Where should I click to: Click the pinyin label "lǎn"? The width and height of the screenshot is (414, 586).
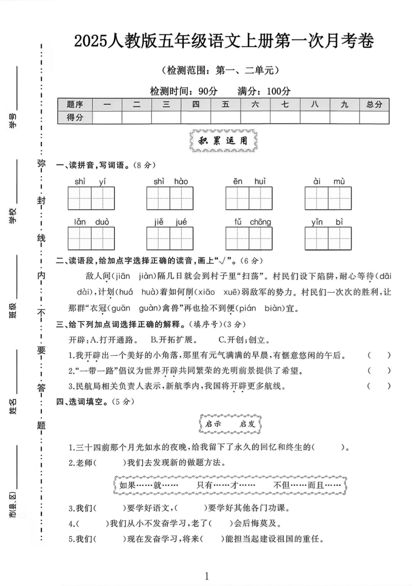pos(80,222)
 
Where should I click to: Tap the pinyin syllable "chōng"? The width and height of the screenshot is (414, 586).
pos(260,222)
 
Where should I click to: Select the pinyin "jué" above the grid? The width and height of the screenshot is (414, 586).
pos(181,222)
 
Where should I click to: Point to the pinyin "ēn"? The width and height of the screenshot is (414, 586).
pos(238,181)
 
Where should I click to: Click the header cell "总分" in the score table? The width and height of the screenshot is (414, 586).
pos(374,104)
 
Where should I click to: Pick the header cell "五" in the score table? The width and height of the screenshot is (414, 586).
pos(225,104)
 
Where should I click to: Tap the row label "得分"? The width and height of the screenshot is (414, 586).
pos(75,118)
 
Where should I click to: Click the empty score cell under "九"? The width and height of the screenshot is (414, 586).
pos(344,118)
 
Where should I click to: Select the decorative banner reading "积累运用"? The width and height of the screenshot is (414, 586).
pos(223,141)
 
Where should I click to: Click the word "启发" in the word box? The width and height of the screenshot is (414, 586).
pos(247,424)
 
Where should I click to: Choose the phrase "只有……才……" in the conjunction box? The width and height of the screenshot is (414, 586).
pos(226,485)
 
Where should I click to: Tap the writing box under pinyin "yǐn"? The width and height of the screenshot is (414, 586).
pos(316,238)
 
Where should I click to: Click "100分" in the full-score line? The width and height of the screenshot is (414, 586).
pos(278,91)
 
